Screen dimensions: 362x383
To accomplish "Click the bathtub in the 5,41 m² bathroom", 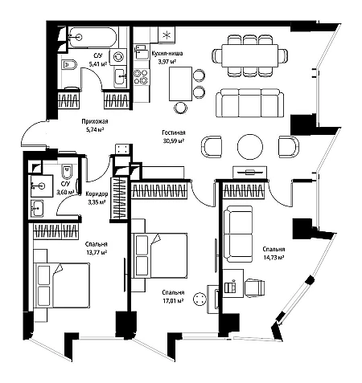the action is [x=92, y=38].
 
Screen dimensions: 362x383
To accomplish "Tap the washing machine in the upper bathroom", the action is [x=118, y=57].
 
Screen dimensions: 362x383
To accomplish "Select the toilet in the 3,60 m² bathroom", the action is [x=67, y=171].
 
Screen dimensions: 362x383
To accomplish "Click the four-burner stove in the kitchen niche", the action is [x=141, y=76].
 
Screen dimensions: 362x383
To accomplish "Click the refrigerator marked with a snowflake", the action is [x=167, y=35].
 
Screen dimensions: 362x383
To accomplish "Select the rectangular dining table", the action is [x=249, y=55].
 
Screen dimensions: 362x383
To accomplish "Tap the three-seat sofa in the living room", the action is [x=249, y=103].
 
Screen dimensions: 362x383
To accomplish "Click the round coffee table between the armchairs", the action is [x=250, y=147].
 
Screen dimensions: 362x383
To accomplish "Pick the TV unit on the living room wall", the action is [x=250, y=172].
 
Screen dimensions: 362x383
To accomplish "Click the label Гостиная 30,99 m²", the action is [x=174, y=136].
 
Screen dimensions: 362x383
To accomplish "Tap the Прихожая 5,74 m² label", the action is [x=95, y=125].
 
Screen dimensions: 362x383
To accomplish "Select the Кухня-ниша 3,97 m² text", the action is [x=167, y=58].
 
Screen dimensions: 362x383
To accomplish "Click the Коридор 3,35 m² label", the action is [x=97, y=198].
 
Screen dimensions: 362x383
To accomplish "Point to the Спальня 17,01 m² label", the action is [x=173, y=296].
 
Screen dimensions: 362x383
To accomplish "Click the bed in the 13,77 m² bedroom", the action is [x=62, y=285].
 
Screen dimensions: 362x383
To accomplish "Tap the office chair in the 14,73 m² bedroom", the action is [x=255, y=287].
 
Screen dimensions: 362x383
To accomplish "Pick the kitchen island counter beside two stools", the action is [x=180, y=84].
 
